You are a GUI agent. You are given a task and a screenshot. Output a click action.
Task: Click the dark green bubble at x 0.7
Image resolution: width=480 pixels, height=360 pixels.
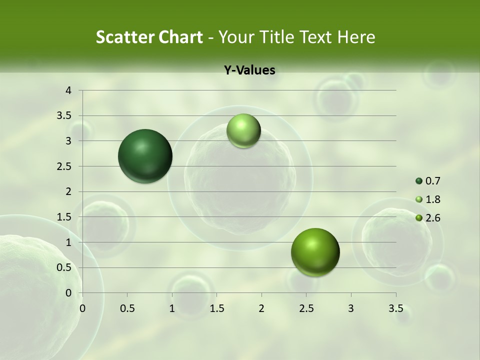click(145, 156)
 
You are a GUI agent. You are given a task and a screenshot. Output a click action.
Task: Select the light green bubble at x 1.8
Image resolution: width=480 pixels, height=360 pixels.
click(243, 130)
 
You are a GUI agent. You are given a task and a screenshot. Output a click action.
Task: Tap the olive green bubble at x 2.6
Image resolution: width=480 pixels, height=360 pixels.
click(315, 252)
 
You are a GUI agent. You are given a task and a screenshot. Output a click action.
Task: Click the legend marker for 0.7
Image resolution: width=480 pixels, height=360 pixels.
click(419, 181)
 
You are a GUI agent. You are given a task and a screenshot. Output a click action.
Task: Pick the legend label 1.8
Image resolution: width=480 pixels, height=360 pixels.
click(432, 199)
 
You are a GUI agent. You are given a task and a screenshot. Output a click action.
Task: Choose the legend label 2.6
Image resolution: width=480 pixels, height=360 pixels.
click(432, 218)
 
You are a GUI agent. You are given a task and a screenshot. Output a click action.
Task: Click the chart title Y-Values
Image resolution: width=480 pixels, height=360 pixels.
click(249, 70)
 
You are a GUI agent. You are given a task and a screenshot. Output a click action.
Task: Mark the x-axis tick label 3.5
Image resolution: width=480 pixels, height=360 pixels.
click(396, 308)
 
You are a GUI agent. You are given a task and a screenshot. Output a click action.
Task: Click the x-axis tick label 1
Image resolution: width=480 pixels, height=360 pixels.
click(172, 308)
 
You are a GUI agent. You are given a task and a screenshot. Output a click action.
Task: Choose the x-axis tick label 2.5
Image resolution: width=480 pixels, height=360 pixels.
click(306, 308)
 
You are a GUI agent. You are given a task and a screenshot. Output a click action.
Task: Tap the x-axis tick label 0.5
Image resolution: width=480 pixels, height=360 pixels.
click(127, 308)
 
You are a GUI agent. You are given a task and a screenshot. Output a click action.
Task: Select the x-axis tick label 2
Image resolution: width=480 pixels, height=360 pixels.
click(261, 308)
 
